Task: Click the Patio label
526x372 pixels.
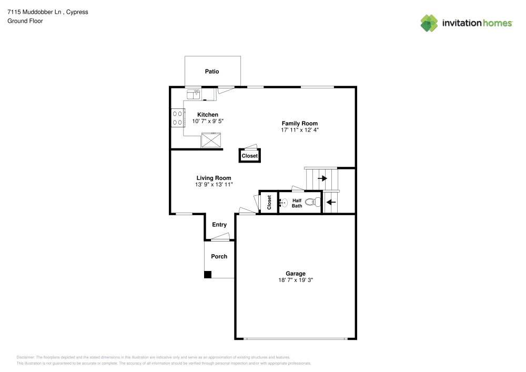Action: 212,72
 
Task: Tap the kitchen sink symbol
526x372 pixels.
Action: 193,94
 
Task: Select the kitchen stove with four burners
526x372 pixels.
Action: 177,118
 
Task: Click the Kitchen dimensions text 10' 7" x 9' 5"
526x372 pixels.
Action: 208,121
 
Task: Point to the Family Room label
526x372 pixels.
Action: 299,123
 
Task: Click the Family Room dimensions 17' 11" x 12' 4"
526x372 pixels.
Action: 299,129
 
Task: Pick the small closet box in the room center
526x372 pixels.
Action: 250,156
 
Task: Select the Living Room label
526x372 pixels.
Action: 214,178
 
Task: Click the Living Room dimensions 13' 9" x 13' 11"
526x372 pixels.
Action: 214,185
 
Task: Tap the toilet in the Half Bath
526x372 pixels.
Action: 313,202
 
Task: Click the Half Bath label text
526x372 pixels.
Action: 297,203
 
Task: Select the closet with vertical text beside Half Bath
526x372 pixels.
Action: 269,203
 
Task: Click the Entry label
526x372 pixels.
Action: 219,225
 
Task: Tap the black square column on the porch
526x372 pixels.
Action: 208,274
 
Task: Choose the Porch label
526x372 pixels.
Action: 219,256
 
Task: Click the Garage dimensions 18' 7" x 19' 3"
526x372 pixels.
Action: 296,280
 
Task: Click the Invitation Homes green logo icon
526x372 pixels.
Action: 429,23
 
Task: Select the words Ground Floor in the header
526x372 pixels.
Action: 25,21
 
